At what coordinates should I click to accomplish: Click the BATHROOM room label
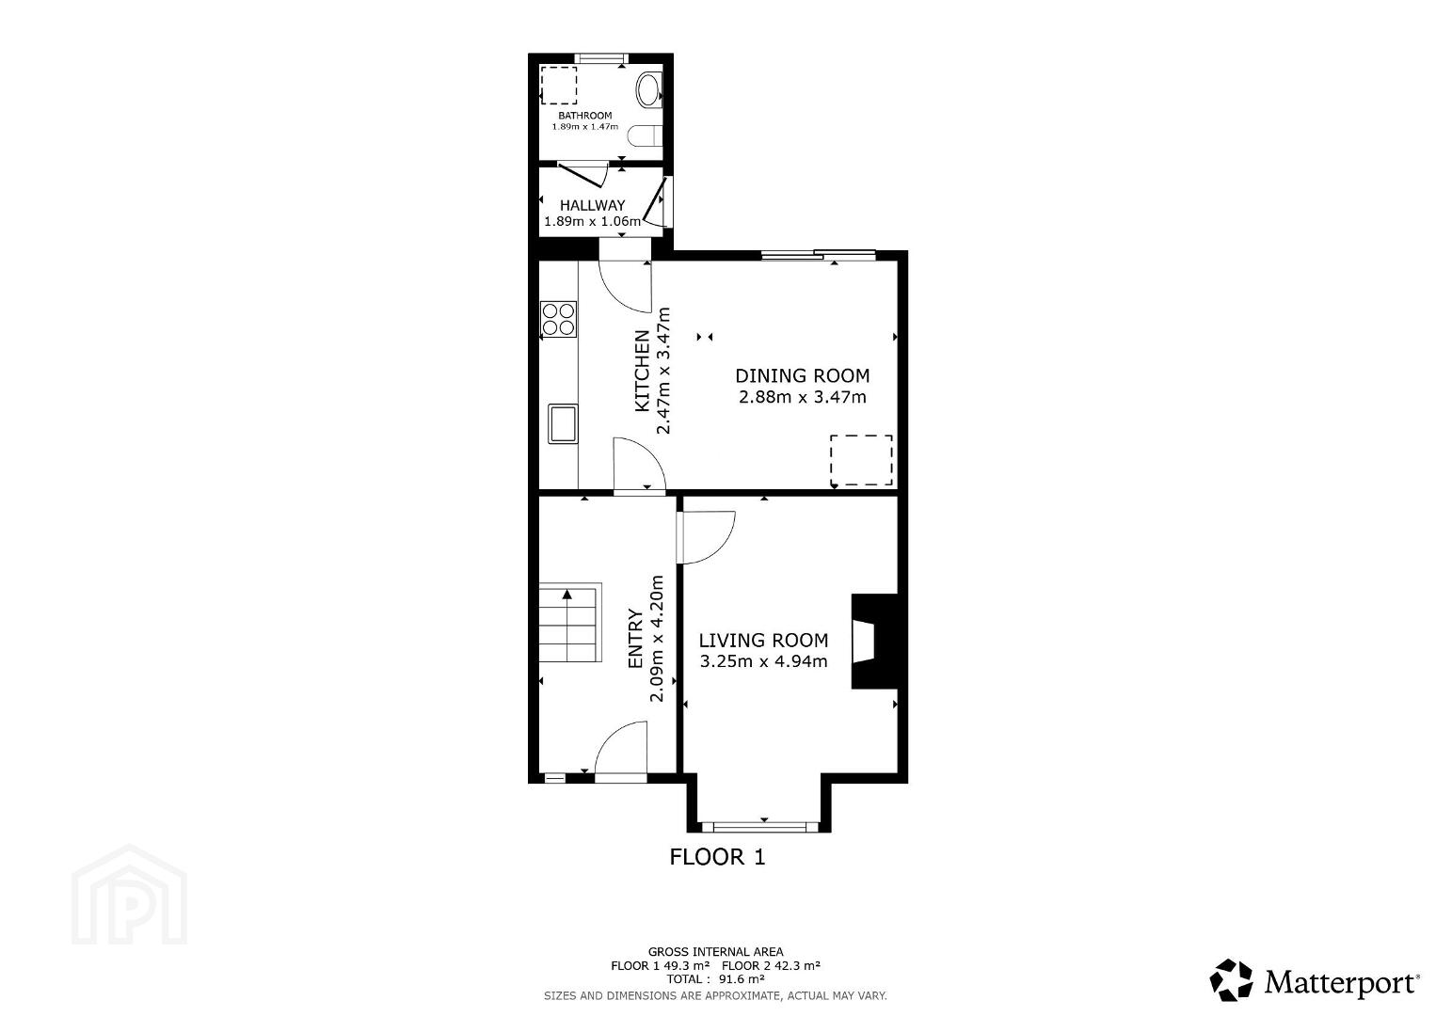[584, 116]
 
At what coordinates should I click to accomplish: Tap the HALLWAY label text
[592, 205]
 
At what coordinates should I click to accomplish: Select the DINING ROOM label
[802, 375]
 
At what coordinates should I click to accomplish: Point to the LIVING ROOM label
[763, 641]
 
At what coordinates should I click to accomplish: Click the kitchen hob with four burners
[558, 319]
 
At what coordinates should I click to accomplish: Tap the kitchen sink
[563, 423]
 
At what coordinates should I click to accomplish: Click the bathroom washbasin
[648, 90]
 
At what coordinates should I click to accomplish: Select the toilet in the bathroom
[645, 135]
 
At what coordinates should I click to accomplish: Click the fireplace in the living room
[873, 642]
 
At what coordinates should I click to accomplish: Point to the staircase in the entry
[570, 623]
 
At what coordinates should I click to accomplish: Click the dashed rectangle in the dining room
[861, 460]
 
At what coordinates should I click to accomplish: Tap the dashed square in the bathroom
[558, 86]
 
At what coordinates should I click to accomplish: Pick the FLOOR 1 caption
[717, 857]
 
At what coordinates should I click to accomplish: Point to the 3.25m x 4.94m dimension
[763, 661]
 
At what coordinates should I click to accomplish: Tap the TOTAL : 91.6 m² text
[715, 978]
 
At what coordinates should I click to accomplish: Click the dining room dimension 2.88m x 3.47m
[803, 397]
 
